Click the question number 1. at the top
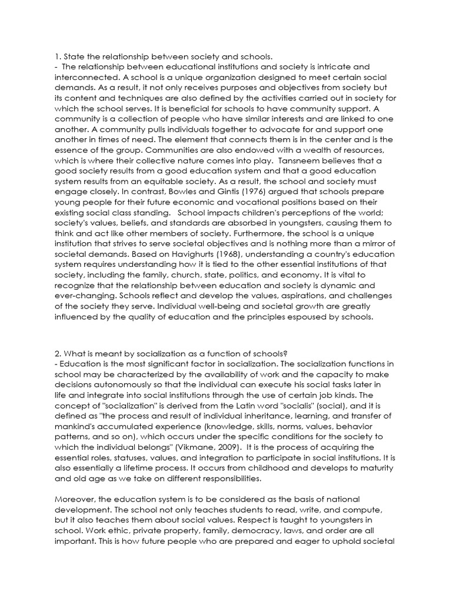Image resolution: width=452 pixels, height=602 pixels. click(x=58, y=56)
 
